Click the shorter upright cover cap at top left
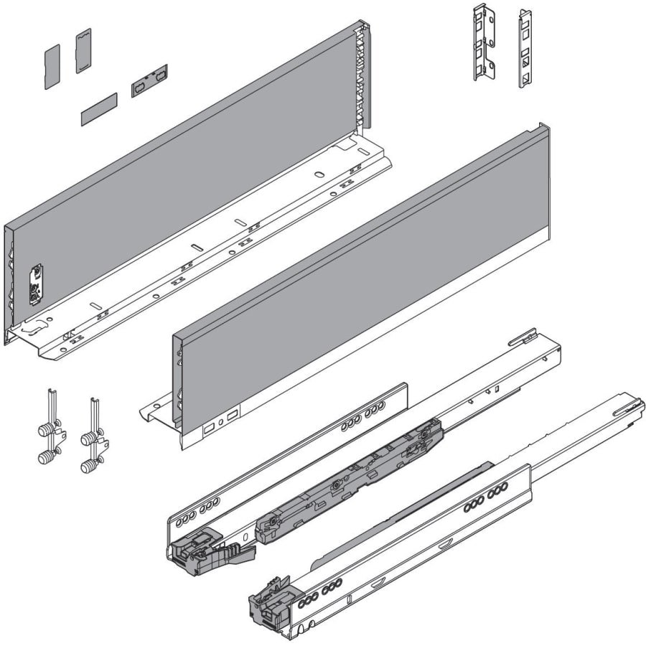click(x=52, y=66)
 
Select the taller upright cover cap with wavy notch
click(x=83, y=50)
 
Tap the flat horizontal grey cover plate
click(x=98, y=108)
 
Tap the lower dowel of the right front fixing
click(x=88, y=466)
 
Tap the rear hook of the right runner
click(x=629, y=408)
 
